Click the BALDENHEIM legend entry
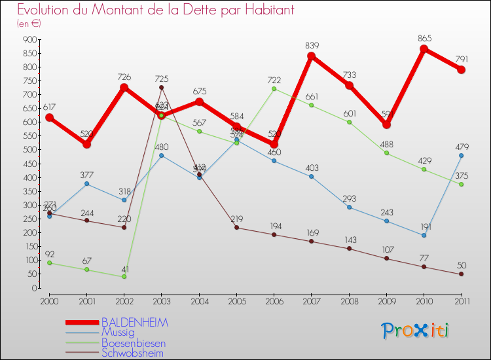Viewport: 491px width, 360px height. tap(134, 323)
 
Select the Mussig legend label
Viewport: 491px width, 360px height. tap(118, 333)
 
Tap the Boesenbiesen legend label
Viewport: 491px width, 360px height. tap(133, 343)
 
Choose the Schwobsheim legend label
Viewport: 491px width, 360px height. tap(132, 353)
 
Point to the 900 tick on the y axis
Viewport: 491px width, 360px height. tap(28, 39)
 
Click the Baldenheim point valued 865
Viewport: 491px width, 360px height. tap(424, 49)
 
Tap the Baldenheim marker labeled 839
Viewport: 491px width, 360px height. tap(312, 56)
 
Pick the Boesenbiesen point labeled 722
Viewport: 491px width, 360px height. tap(274, 89)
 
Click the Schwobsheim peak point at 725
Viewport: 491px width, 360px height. tap(162, 88)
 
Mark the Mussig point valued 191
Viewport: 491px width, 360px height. tap(424, 235)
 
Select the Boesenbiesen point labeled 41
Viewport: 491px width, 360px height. tap(124, 276)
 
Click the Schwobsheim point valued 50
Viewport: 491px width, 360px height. tap(461, 274)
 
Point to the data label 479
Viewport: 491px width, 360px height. tap(461, 145)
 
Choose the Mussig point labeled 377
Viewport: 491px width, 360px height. tap(87, 184)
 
